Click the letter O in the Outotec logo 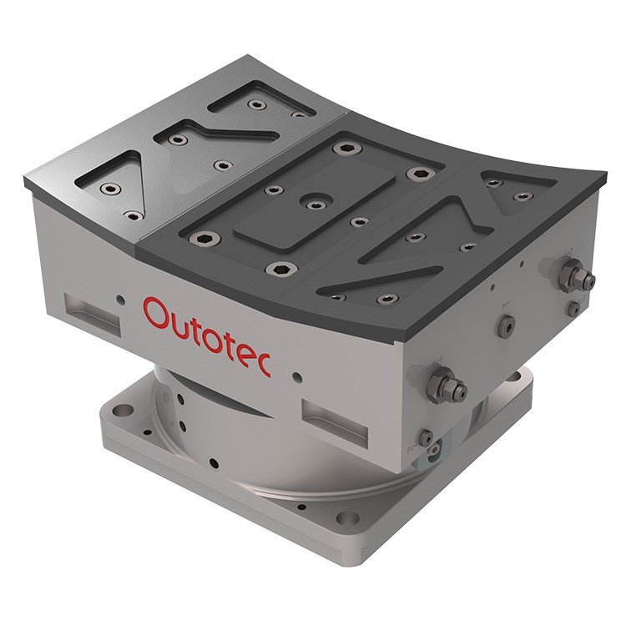coord(157,315)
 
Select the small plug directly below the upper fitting coord(573,308)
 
